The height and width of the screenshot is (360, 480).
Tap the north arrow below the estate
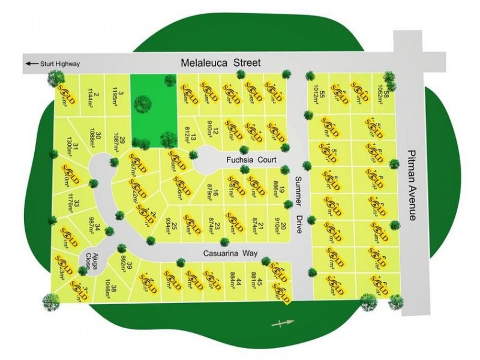click(284, 324)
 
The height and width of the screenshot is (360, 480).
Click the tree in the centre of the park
click(142, 104)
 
